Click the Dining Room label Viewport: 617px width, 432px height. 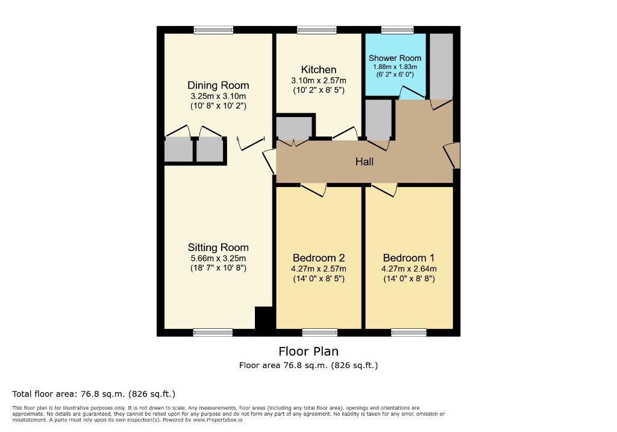(218, 85)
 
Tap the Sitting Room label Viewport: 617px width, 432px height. (218, 247)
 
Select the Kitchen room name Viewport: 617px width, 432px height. (319, 70)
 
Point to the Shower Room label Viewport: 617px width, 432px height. (395, 58)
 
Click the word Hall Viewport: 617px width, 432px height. (364, 162)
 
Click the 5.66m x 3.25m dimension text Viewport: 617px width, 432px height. (218, 258)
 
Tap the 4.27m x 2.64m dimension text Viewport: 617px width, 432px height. (409, 268)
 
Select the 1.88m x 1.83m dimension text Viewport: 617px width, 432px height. (395, 67)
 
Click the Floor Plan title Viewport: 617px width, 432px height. (308, 351)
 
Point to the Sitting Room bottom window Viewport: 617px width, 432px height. (213, 332)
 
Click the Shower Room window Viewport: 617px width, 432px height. (397, 30)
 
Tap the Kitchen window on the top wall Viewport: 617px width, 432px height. (316, 30)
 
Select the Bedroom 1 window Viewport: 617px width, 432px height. (409, 332)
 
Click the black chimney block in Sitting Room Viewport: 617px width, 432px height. (265, 317)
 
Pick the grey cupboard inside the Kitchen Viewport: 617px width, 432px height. (294, 127)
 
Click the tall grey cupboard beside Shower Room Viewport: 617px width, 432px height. (441, 66)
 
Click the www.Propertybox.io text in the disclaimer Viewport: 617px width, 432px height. (218, 420)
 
